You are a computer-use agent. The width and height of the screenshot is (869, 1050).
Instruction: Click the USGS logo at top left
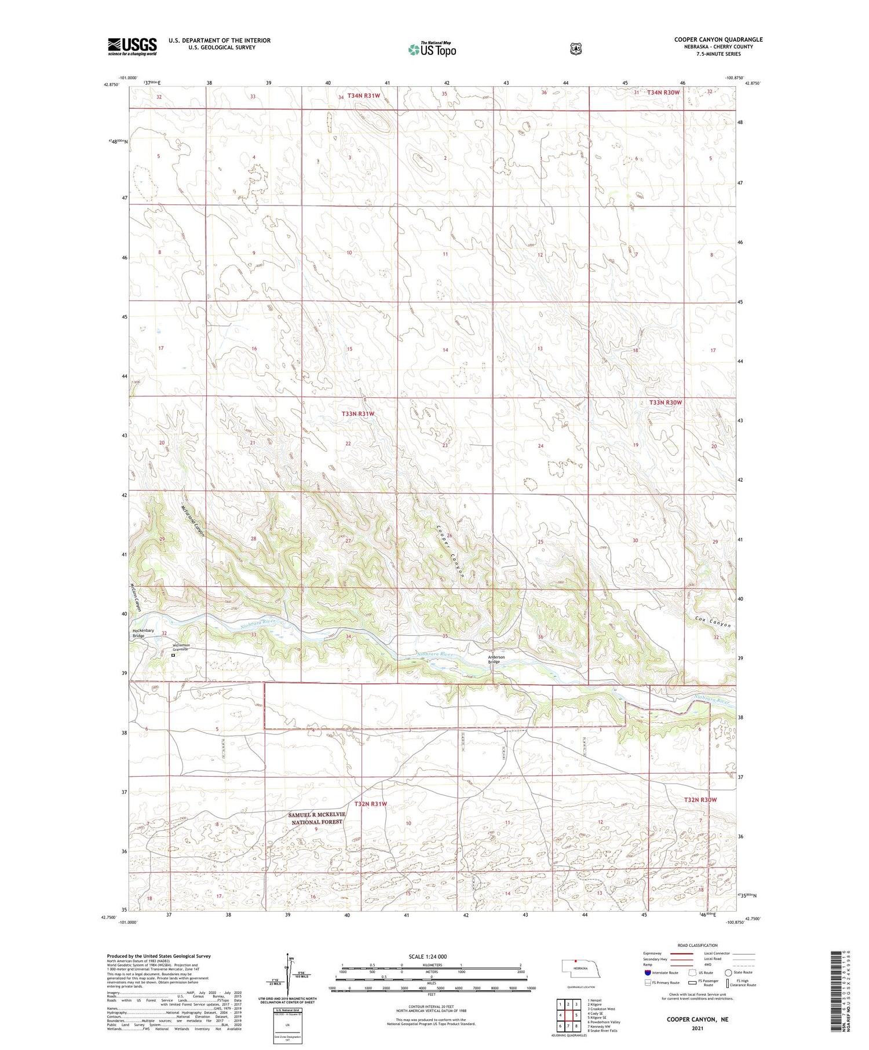click(132, 46)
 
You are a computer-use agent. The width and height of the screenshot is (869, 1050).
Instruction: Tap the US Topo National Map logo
click(432, 49)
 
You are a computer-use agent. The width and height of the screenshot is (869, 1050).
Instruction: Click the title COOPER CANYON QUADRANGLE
click(718, 40)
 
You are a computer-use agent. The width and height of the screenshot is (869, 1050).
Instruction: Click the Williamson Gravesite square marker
click(173, 656)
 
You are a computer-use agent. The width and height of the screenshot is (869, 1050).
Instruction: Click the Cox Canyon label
click(713, 622)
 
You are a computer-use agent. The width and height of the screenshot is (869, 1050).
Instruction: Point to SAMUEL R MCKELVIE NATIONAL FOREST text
click(317, 818)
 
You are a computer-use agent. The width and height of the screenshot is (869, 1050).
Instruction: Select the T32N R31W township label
click(370, 804)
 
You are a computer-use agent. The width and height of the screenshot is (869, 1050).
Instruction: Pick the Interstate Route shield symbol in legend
click(647, 972)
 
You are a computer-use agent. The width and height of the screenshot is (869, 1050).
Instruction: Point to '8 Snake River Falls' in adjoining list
click(603, 1030)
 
